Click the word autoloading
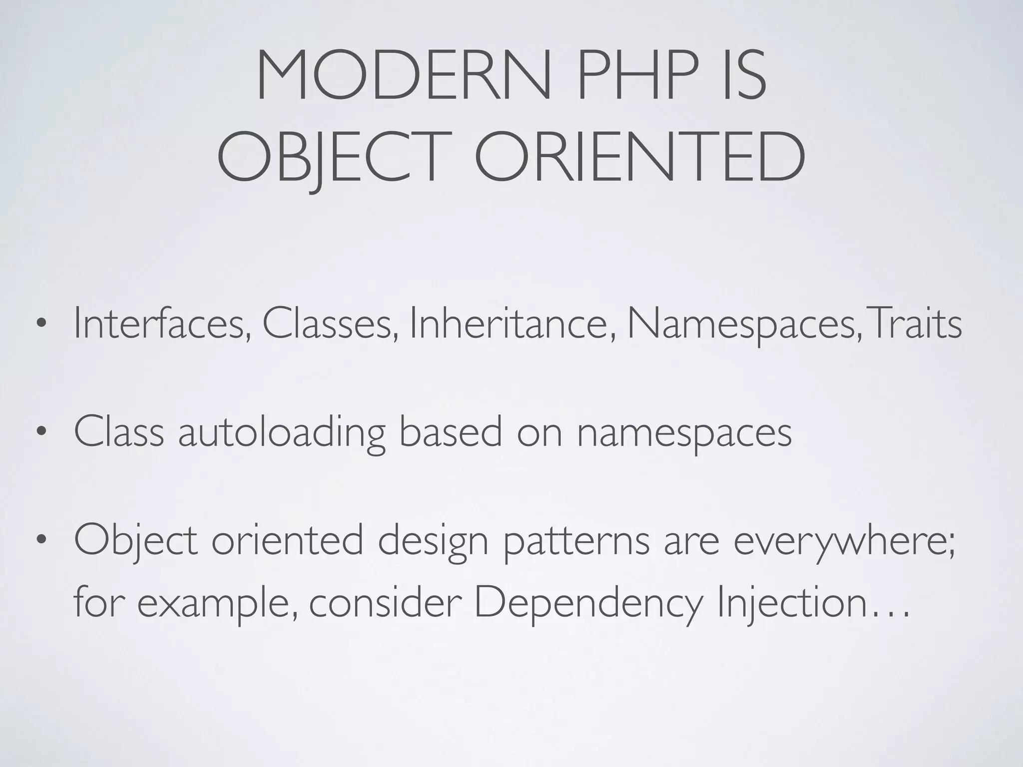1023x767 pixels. (282, 432)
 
